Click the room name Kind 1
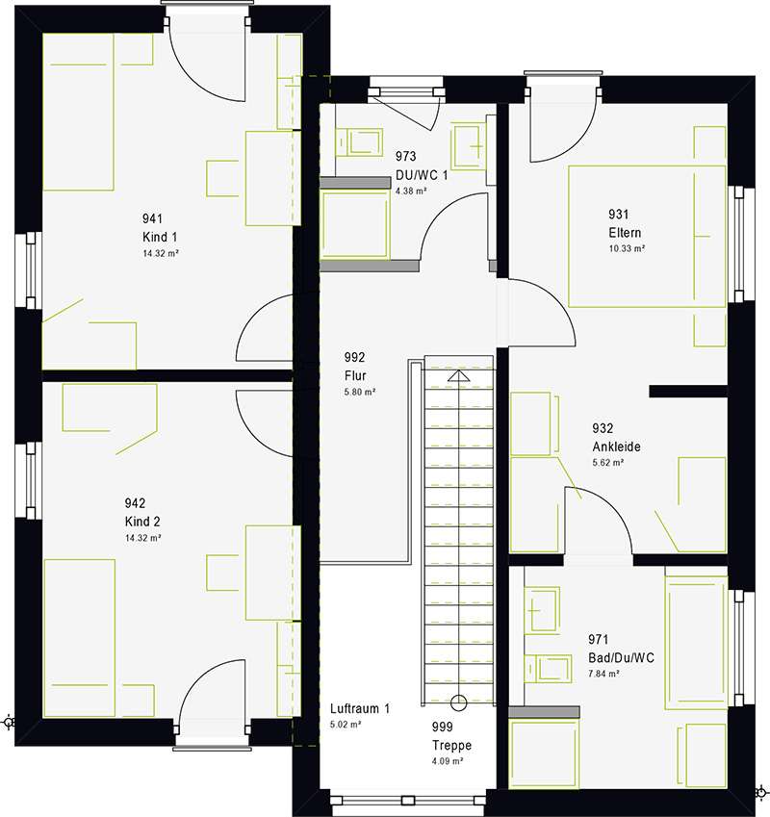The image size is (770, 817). pos(160,237)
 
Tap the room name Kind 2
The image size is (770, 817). pos(142,521)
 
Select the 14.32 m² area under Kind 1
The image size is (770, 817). pos(161,254)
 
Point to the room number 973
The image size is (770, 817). pos(406,156)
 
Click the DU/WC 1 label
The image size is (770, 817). pos(422,174)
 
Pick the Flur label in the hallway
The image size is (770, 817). pos(355,375)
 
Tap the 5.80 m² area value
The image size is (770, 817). pos(359,392)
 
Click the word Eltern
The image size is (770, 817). pos(625,232)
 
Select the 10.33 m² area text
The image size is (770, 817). pos(627,248)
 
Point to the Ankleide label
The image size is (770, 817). pos(616,446)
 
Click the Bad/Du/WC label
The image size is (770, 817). pos(621,657)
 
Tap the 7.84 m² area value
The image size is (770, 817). pos(603,674)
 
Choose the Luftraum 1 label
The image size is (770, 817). pos(360,708)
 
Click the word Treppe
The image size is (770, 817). pos(451,745)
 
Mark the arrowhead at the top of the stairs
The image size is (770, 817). pos(458,375)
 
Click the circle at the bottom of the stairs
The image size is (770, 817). pos(458,702)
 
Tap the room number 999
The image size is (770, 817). pos(443,727)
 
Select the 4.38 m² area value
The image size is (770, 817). pos(411,191)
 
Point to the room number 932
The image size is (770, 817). pos(603,428)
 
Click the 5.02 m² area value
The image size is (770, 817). pos(346,725)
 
